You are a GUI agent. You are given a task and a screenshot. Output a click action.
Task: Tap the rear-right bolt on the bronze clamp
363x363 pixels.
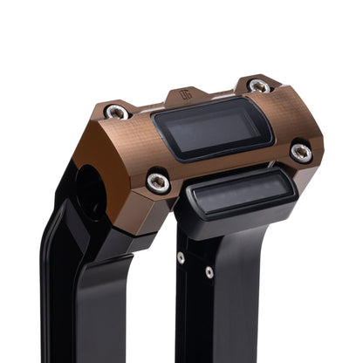(x=258, y=86)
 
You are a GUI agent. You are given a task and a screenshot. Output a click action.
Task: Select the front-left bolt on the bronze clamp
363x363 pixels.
(x=158, y=181)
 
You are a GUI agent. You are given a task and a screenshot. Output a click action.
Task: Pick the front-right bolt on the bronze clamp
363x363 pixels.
(x=301, y=153)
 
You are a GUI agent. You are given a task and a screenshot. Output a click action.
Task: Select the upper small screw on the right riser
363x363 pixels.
(x=181, y=257)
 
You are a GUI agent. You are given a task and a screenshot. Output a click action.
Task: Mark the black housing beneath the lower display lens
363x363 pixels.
(x=236, y=218)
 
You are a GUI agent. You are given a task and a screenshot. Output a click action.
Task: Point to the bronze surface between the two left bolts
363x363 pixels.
(x=135, y=144)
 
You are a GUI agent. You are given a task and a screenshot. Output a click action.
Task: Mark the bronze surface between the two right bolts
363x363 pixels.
(x=284, y=118)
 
